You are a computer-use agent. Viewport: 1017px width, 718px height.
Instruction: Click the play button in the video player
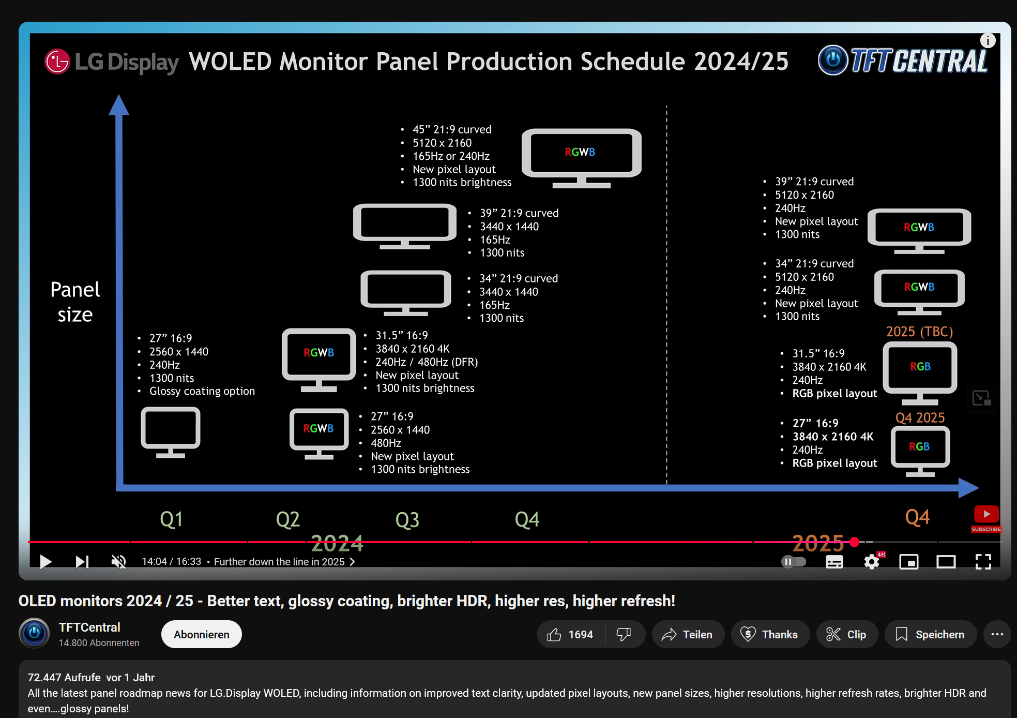click(x=45, y=561)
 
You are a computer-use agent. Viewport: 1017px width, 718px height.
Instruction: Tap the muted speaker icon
click(x=118, y=561)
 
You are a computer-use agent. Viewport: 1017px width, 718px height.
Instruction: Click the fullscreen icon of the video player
click(x=983, y=561)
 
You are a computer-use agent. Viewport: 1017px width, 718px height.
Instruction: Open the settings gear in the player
click(x=872, y=561)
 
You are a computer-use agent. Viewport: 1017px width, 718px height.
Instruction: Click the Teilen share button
click(x=688, y=634)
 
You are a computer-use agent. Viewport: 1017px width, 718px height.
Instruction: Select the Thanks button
click(x=770, y=634)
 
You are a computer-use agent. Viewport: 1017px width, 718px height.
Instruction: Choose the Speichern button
click(x=930, y=634)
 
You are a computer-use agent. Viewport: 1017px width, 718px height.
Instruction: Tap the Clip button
click(x=847, y=634)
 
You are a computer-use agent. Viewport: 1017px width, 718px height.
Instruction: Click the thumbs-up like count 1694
click(x=571, y=634)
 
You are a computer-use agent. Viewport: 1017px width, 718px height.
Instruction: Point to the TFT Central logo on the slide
click(x=903, y=61)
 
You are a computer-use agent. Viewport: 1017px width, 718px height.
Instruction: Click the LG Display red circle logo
click(x=57, y=62)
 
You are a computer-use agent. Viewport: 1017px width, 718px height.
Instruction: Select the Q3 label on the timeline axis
click(x=407, y=519)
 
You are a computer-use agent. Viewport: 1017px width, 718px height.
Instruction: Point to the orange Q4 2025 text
click(x=920, y=417)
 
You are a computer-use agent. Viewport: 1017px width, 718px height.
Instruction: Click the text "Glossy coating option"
click(x=202, y=391)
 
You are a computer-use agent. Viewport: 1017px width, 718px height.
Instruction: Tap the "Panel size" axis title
click(x=75, y=302)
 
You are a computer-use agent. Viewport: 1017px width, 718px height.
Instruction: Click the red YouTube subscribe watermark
click(x=986, y=519)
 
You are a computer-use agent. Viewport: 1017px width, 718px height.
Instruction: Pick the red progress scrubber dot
click(x=855, y=542)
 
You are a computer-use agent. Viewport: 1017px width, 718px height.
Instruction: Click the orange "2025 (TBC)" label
click(x=919, y=331)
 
